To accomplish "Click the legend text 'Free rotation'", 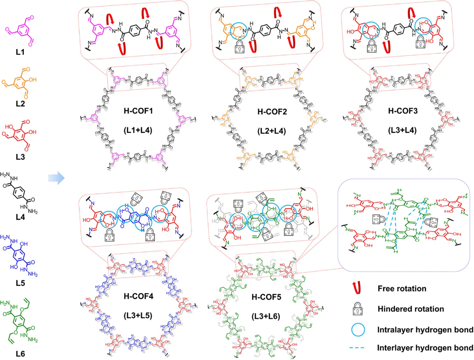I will pyautogui.click(x=402, y=289).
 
